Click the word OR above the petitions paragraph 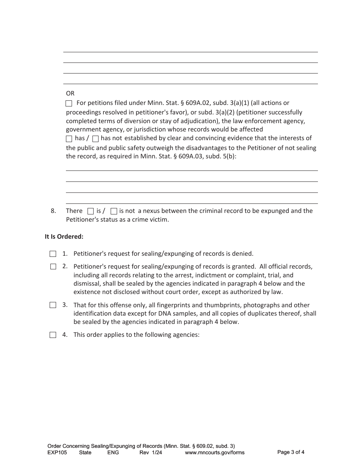[x=70, y=93]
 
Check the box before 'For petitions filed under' [x=69, y=103]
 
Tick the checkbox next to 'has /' [x=69, y=139]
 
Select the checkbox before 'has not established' [x=95, y=139]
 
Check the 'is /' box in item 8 [x=91, y=211]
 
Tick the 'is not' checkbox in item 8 [x=114, y=211]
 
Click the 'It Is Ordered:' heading [x=64, y=237]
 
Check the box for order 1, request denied [x=53, y=254]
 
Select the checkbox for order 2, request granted [x=53, y=267]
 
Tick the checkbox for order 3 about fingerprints [x=53, y=305]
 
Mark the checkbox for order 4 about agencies [x=53, y=335]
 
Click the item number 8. [x=53, y=211]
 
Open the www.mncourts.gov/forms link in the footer [x=214, y=452]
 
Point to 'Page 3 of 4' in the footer [x=291, y=452]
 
